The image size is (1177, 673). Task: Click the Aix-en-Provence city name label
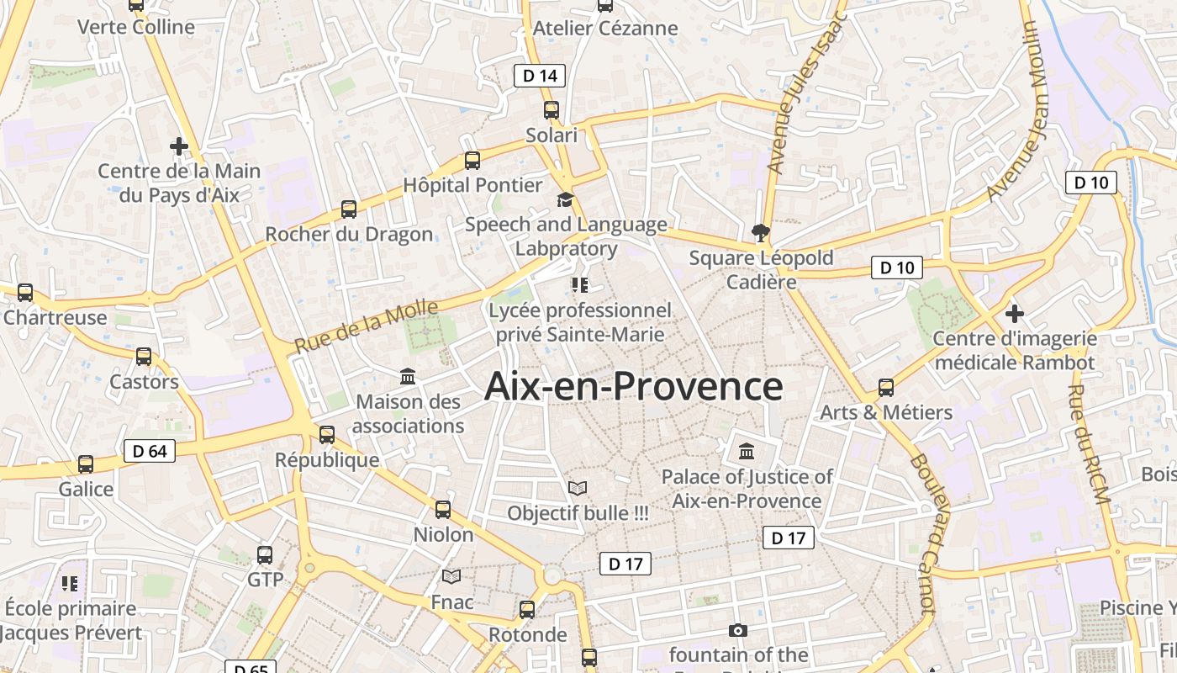[634, 387]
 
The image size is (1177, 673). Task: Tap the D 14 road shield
[540, 76]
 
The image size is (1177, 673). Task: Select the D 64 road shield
[150, 451]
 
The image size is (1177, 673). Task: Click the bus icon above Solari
[552, 109]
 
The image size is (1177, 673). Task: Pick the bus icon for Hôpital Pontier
[472, 160]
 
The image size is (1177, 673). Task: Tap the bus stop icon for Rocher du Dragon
[349, 209]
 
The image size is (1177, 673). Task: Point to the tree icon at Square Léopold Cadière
[761, 232]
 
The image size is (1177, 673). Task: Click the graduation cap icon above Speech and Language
[565, 199]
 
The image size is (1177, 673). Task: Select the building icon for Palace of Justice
[747, 452]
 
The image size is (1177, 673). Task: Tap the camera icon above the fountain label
[737, 630]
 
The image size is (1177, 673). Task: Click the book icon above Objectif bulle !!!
[578, 488]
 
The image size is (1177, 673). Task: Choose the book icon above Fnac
[451, 576]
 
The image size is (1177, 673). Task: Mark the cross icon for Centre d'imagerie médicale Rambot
[1015, 314]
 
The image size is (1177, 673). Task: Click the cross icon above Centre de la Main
[178, 146]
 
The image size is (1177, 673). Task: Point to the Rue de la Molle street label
[367, 327]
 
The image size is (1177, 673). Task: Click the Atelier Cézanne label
[605, 29]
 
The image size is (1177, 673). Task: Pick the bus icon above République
[327, 435]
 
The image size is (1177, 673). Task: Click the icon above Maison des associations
[408, 376]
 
